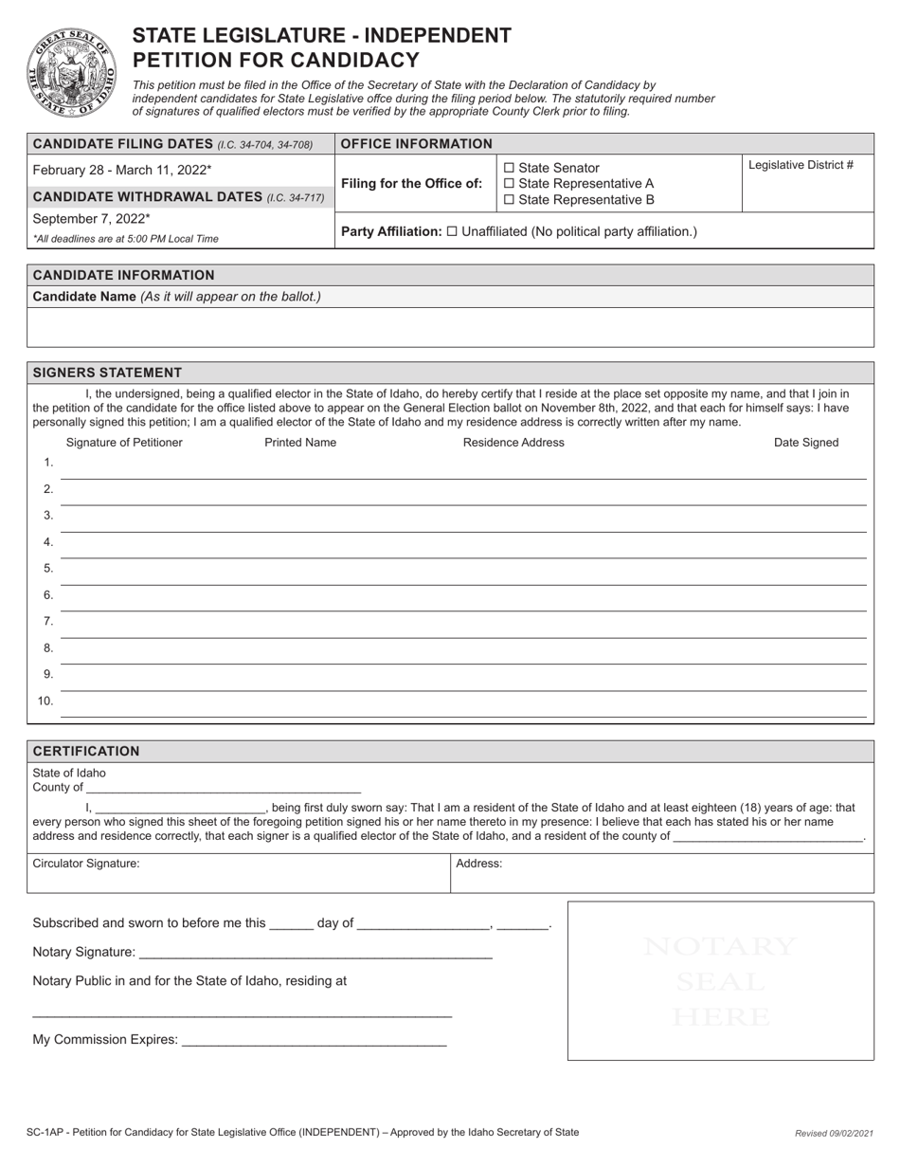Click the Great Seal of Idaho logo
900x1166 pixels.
(x=72, y=72)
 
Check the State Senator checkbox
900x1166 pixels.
(x=510, y=168)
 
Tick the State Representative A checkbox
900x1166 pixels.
(x=510, y=184)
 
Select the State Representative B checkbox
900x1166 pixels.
(x=510, y=200)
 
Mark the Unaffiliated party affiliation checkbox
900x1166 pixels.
(x=452, y=231)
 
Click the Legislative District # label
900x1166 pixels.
(x=801, y=165)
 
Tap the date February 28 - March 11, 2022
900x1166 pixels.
(x=122, y=170)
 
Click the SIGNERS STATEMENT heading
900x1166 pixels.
(x=107, y=373)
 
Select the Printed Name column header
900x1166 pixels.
(x=300, y=443)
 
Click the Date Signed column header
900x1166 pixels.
(x=806, y=443)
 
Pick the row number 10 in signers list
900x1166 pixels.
(x=45, y=701)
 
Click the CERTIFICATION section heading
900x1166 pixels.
(x=86, y=751)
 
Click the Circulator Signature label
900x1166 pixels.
(x=86, y=864)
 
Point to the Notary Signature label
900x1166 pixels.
(x=83, y=952)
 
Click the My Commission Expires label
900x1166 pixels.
(x=104, y=1040)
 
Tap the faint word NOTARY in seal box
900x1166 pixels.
(x=720, y=946)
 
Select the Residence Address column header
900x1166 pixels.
(x=513, y=443)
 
